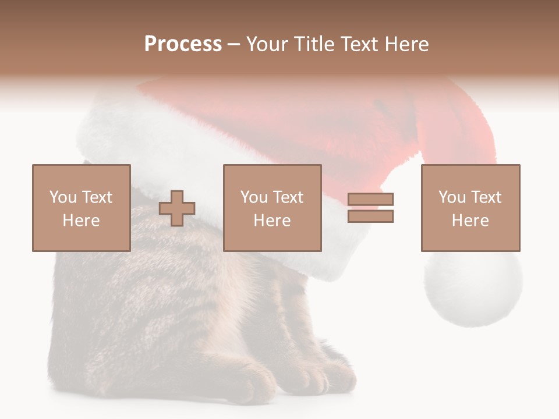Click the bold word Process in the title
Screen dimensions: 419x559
click(183, 44)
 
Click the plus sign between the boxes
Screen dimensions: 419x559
click(177, 208)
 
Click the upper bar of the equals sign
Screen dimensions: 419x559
click(370, 199)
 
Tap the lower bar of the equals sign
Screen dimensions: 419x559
click(370, 216)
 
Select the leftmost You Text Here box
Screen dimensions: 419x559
click(81, 208)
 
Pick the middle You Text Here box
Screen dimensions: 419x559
click(272, 208)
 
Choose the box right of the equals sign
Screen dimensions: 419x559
click(470, 208)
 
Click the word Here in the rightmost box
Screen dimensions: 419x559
click(470, 221)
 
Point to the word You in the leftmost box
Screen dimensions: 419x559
click(62, 197)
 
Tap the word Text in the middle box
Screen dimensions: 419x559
click(288, 197)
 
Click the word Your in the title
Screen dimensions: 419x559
click(266, 44)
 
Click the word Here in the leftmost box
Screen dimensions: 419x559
click(81, 221)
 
